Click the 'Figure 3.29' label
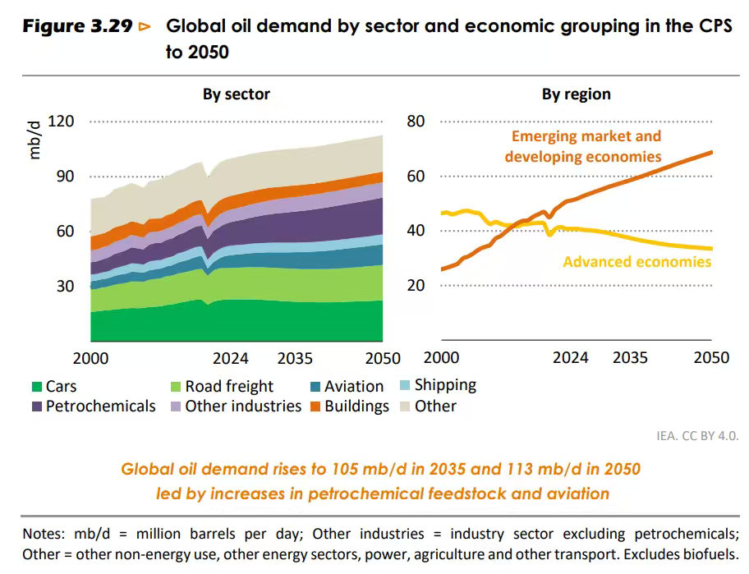[x=77, y=26]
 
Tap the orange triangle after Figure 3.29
[x=145, y=26]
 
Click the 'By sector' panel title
[x=237, y=94]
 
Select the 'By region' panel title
[x=576, y=94]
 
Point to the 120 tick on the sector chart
[x=62, y=122]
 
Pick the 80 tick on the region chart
[x=416, y=122]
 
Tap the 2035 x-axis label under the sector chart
[x=295, y=358]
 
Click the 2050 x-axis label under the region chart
[x=711, y=358]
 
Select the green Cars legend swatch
[x=36, y=387]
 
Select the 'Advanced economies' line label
[x=636, y=262]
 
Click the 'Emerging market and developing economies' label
[x=583, y=146]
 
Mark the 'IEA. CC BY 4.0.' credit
[x=697, y=435]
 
